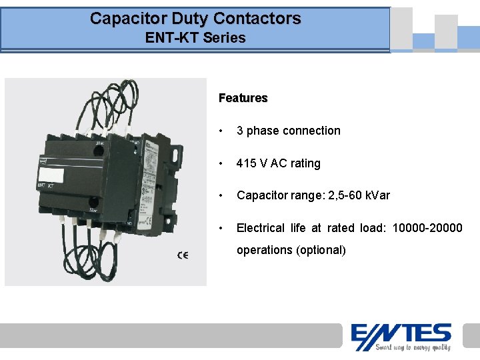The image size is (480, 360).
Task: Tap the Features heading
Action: (243, 98)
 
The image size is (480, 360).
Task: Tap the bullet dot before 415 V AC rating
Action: (222, 163)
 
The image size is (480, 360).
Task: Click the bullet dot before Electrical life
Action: (222, 228)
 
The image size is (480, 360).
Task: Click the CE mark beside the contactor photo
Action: (182, 255)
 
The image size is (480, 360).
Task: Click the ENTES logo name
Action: (401, 333)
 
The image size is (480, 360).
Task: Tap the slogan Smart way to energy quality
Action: (412, 347)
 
